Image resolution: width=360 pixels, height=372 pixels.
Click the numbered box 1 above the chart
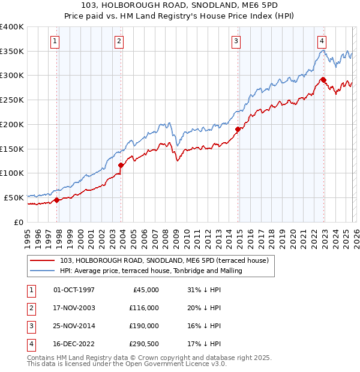[x=55, y=41]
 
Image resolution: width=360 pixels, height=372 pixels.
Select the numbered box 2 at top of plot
[x=119, y=41]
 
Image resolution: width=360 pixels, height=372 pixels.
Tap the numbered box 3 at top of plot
[x=236, y=41]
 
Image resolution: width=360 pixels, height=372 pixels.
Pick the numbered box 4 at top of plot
[x=322, y=41]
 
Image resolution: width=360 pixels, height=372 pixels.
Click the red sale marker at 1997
[x=56, y=200]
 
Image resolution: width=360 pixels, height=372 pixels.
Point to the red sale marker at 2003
[x=121, y=165]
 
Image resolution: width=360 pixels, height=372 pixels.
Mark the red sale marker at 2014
[x=238, y=129]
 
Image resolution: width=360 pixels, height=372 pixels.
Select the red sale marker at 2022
[x=323, y=80]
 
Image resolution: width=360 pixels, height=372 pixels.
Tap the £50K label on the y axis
[x=14, y=197]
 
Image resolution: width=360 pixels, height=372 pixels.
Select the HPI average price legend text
[x=151, y=271]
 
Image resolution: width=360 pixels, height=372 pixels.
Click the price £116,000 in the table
[x=144, y=307]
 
